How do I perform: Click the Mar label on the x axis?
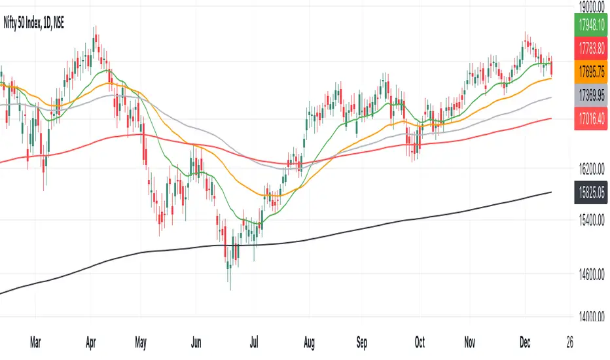[37, 342]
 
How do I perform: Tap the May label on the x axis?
[141, 342]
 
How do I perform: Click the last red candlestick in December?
[552, 67]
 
